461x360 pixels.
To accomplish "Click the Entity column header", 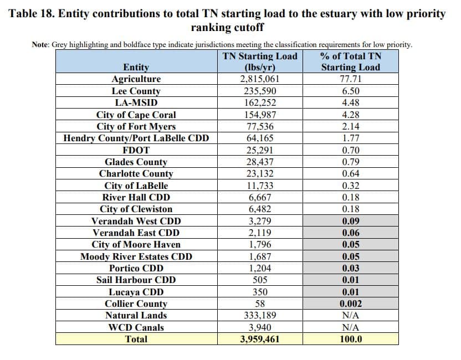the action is (136, 67).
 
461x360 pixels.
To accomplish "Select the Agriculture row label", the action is (136, 79).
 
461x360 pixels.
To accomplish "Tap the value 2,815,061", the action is (260, 79).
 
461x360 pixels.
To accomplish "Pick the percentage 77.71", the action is (350, 79).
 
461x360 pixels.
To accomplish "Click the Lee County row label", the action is (136, 91).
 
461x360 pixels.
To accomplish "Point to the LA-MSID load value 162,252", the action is (260, 102).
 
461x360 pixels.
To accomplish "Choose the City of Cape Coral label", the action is (136, 115).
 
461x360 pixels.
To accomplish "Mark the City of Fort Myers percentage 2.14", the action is (350, 126).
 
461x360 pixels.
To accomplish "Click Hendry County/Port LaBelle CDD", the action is (136, 138).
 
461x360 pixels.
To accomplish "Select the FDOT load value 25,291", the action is (260, 150).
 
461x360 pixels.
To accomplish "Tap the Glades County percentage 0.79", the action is (350, 162).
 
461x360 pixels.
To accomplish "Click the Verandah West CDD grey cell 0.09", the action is (350, 221).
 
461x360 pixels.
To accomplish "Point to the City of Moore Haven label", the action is (136, 244).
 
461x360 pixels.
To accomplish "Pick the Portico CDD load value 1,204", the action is (260, 268).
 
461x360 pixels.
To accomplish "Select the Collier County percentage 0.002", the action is (350, 304).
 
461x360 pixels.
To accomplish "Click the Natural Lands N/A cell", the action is (350, 315).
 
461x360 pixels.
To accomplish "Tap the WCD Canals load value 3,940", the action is (260, 327).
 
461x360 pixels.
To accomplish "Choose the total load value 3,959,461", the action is (260, 339).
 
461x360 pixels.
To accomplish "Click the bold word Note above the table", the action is (40, 45).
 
